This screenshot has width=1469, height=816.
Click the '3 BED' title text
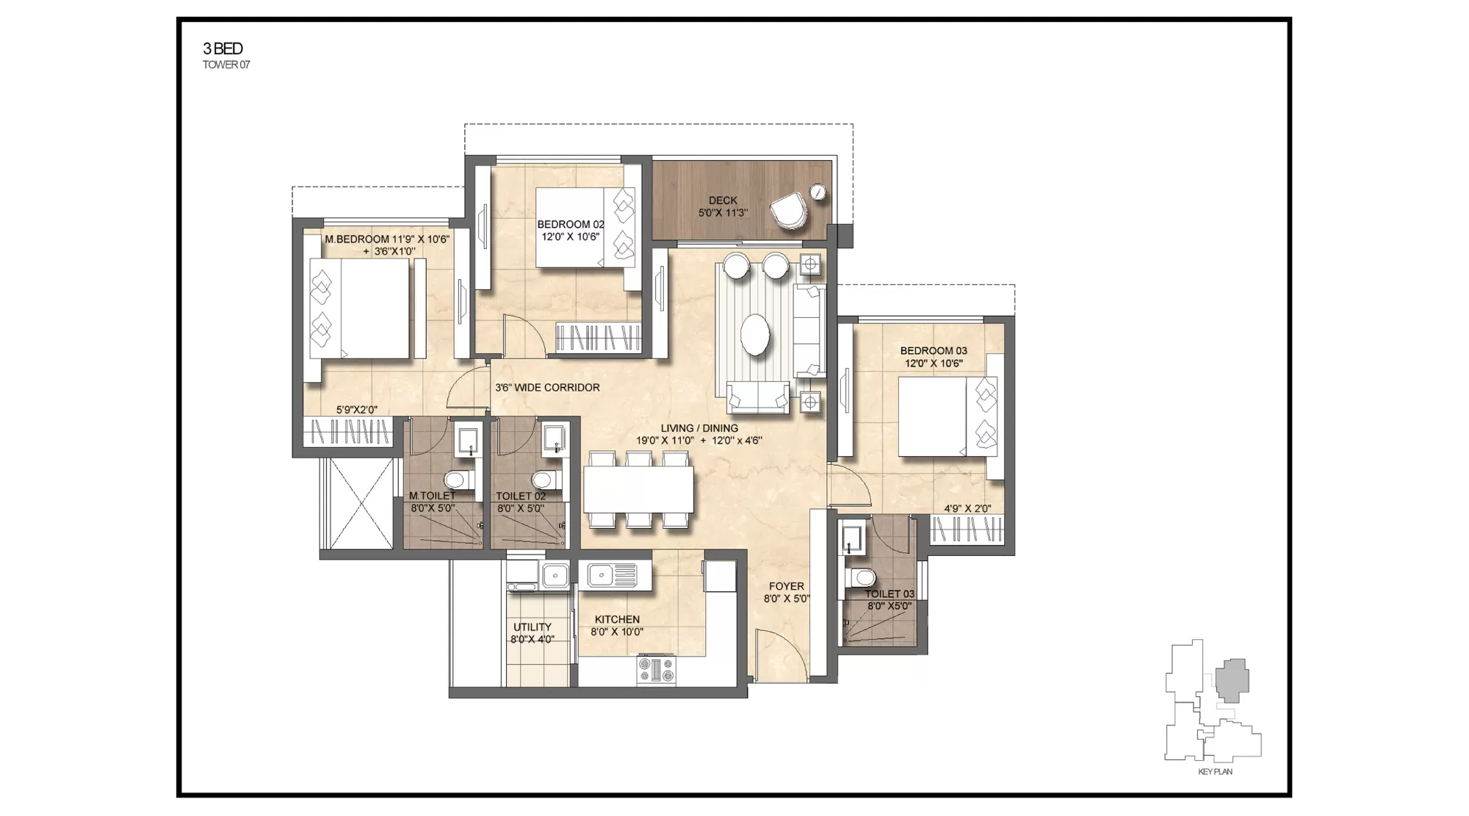pyautogui.click(x=223, y=48)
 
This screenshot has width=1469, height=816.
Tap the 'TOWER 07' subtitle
pyautogui.click(x=226, y=65)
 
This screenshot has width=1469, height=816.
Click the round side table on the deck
pyautogui.click(x=817, y=192)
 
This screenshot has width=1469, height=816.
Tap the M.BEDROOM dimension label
pyautogui.click(x=387, y=245)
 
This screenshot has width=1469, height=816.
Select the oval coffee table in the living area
pyautogui.click(x=755, y=335)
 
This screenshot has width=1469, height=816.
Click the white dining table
pyautogui.click(x=638, y=489)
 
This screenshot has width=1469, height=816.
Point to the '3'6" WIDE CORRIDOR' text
pyautogui.click(x=547, y=388)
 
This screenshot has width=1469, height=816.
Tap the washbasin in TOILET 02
pyautogui.click(x=553, y=439)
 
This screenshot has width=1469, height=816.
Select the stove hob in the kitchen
pyautogui.click(x=656, y=670)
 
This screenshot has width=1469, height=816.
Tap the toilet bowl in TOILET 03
pyautogui.click(x=862, y=577)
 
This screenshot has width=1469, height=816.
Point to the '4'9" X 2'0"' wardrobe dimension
pyautogui.click(x=967, y=508)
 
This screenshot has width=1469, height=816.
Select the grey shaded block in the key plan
pyautogui.click(x=1232, y=679)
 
